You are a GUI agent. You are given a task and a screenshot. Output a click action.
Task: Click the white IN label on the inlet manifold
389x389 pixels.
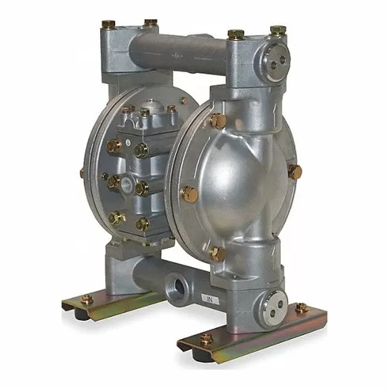click(210, 299)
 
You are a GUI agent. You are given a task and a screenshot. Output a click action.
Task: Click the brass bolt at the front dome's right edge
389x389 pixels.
click(295, 172)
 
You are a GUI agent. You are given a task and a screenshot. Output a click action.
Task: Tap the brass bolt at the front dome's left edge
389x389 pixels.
click(189, 194)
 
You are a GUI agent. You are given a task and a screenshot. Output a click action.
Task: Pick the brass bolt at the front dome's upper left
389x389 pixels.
click(218, 121)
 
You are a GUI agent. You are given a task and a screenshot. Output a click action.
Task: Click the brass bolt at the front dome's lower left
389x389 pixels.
click(217, 254)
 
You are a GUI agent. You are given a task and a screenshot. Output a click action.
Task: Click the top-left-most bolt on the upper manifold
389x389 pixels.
click(109, 24)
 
